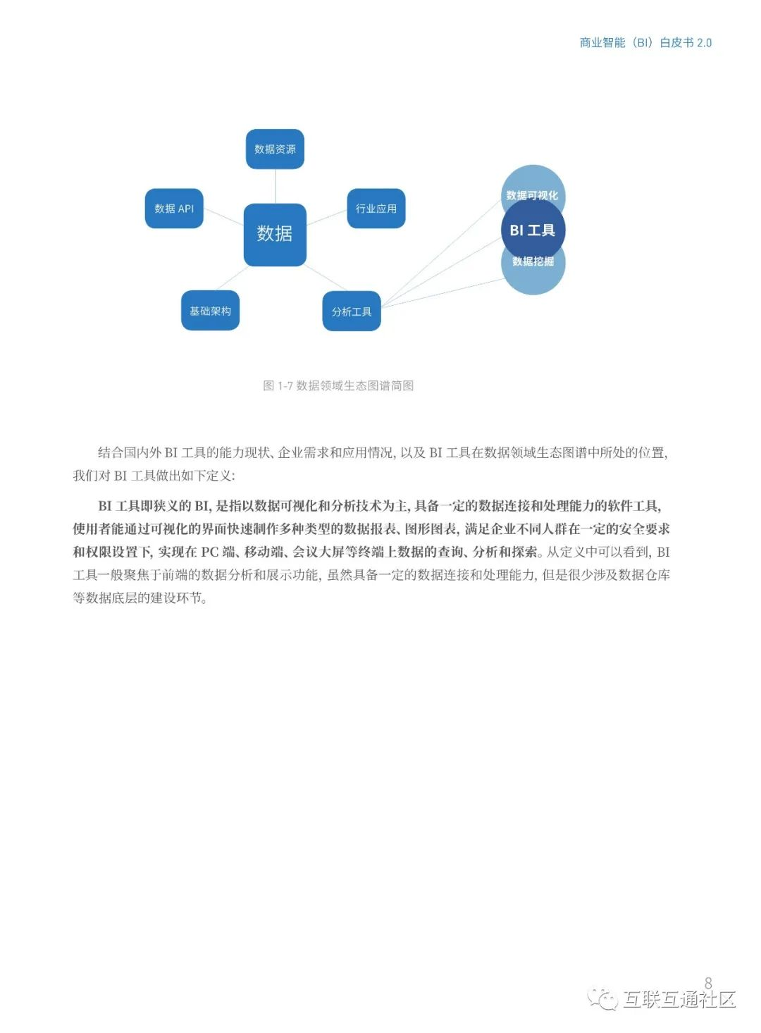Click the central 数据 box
[x=275, y=234]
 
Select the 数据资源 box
[x=275, y=149]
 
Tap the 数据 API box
[x=174, y=209]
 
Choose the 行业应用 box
[x=376, y=209]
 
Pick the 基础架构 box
[x=210, y=311]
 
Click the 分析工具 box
[x=352, y=311]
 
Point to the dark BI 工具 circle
[x=533, y=230]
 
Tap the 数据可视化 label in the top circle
[x=532, y=195]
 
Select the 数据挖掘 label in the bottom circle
[x=533, y=261]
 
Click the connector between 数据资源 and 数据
[x=275, y=186]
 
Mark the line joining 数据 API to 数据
[x=223, y=217]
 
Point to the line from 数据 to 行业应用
[x=327, y=217]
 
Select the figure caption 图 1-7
[x=338, y=385]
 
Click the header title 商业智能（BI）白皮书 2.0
[x=645, y=42]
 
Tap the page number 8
[x=708, y=982]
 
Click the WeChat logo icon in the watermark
[x=602, y=998]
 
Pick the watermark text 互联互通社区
[x=679, y=999]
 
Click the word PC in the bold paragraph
[x=210, y=552]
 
